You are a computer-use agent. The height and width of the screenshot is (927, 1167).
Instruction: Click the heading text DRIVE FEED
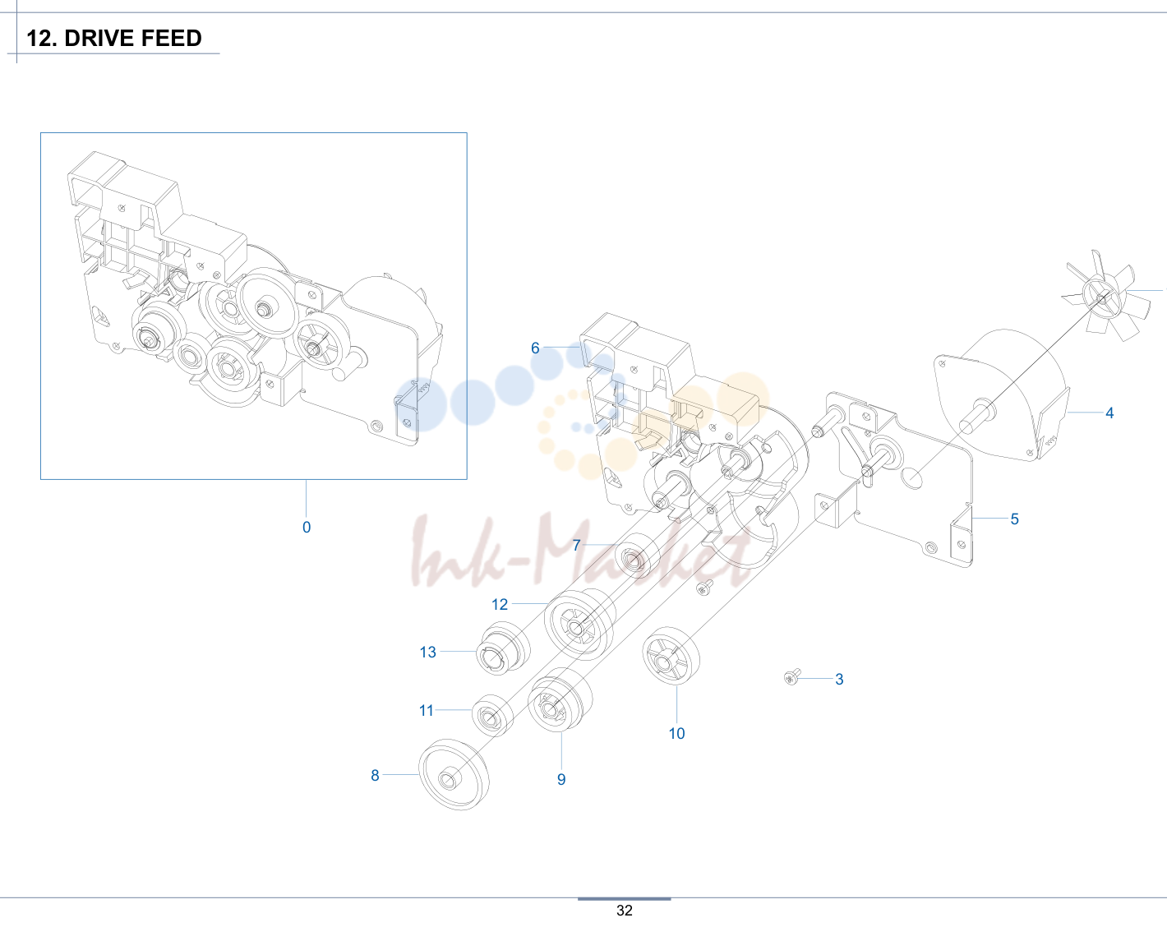click(x=133, y=38)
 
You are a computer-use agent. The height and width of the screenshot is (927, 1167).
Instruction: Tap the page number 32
click(x=624, y=911)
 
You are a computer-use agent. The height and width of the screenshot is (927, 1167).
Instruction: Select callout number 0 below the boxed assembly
click(x=307, y=528)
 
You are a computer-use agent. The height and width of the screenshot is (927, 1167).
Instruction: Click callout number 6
click(x=535, y=348)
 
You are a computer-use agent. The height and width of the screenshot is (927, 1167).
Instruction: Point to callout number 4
click(x=1109, y=413)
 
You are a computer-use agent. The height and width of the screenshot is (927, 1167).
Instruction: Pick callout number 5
click(x=1015, y=519)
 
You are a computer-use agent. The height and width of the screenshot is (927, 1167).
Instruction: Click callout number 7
click(x=576, y=545)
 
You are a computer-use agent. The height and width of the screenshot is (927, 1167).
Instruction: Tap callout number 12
click(x=500, y=604)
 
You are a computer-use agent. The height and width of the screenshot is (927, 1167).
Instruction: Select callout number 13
click(x=428, y=652)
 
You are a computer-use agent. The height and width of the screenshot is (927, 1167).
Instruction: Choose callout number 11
click(x=427, y=711)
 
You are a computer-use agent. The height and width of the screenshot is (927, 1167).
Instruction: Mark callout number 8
click(x=375, y=776)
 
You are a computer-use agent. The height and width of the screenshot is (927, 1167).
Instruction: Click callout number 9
click(x=561, y=779)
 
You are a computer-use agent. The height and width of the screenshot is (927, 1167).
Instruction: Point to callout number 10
click(x=676, y=733)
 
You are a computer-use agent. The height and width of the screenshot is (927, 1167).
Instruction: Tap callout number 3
click(x=839, y=679)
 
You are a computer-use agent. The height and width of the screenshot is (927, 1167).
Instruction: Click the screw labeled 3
click(x=792, y=676)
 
